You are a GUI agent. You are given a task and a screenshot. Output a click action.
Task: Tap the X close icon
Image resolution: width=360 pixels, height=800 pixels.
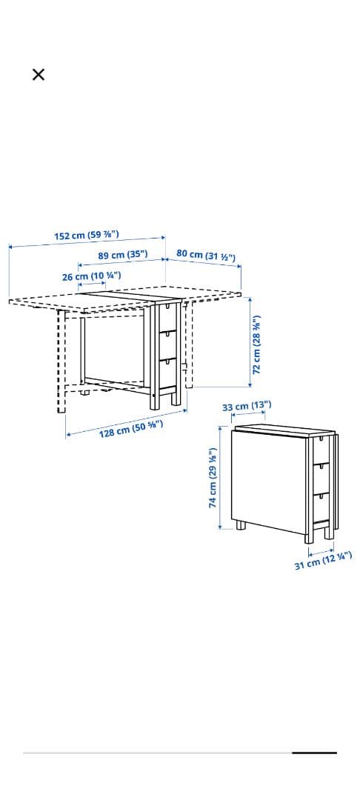(x=39, y=75)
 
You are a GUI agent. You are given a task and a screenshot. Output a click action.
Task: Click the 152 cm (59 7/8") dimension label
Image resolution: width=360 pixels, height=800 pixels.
(x=87, y=236)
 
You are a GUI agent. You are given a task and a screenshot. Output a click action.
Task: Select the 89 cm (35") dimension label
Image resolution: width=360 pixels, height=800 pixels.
(x=123, y=255)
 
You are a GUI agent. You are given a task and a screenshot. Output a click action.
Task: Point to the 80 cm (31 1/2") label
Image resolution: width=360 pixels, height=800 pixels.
(x=206, y=255)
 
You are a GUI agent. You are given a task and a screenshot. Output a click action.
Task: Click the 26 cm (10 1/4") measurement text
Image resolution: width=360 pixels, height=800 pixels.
(x=91, y=276)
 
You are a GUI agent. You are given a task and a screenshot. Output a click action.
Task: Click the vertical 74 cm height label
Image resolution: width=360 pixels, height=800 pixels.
(x=213, y=478)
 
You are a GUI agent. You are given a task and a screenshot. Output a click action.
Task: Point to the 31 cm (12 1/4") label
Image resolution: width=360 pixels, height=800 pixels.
(x=323, y=561)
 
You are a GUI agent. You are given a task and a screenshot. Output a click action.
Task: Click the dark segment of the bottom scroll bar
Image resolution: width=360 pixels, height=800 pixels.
(x=315, y=753)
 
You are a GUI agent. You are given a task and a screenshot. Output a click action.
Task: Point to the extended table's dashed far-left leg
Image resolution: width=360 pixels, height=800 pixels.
(x=61, y=361)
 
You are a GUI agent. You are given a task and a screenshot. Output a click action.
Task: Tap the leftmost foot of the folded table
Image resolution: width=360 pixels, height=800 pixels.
(x=240, y=525)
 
